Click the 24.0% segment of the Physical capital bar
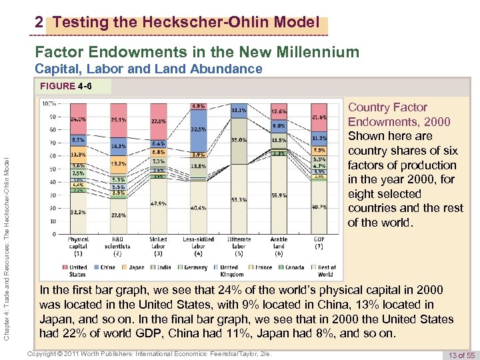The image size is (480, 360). [x=78, y=120]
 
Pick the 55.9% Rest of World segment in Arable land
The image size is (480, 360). [x=279, y=196]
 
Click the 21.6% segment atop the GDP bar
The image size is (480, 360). [x=319, y=117]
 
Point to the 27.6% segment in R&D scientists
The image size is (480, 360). [x=118, y=215]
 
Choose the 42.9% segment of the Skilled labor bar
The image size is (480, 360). [x=158, y=203]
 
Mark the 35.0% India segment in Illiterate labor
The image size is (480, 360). [x=239, y=141]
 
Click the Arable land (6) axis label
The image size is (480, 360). [x=279, y=245]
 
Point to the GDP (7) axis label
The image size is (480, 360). [x=319, y=245]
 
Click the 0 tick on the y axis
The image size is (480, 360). [x=53, y=234]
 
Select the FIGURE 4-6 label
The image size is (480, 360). [x=66, y=86]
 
